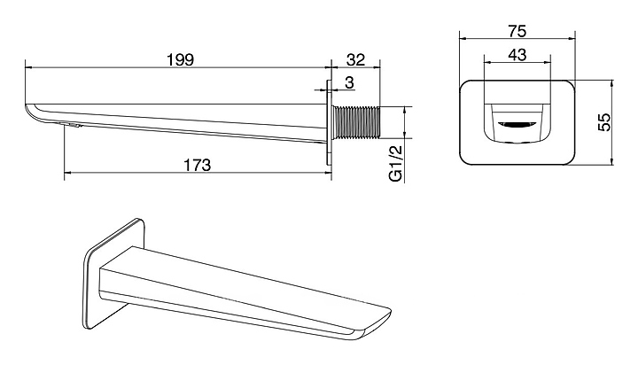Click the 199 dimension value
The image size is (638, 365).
tap(181, 60)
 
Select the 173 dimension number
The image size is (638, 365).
tap(198, 165)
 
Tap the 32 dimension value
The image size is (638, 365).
tap(356, 60)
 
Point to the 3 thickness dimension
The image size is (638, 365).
tap(349, 82)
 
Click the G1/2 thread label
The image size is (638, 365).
tap(395, 163)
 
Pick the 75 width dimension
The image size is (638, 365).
tap(517, 31)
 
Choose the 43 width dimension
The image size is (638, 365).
tap(517, 55)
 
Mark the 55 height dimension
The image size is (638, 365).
tap(605, 122)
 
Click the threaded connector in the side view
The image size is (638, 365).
tap(356, 122)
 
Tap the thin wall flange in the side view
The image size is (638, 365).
tap(329, 122)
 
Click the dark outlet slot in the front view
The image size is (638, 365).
tap(517, 124)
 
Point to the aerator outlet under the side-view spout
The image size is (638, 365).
tap(71, 125)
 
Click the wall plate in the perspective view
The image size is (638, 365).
tap(115, 274)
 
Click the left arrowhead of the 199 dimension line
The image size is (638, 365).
tap(28, 67)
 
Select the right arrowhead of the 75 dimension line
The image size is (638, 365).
tap(572, 39)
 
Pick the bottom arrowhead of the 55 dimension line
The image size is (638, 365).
tap(612, 161)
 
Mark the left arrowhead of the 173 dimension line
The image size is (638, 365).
tap(67, 173)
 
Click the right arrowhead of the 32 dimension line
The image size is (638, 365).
tap(377, 67)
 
